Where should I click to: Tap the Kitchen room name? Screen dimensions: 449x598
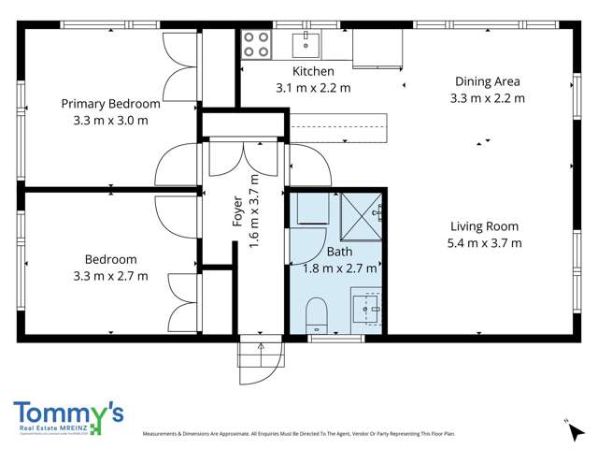[313, 72]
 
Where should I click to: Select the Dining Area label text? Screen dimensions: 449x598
[487, 81]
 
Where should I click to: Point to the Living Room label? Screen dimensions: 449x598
[484, 226]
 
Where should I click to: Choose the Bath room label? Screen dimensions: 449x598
[339, 252]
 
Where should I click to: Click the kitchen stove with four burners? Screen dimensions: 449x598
[257, 43]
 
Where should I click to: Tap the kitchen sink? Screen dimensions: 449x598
[306, 42]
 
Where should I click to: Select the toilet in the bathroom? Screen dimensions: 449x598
[317, 313]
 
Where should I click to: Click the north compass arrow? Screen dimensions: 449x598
[566, 425]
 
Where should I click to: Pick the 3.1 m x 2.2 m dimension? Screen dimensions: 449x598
[313, 88]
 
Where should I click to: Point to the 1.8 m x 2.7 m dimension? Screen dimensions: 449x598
[340, 268]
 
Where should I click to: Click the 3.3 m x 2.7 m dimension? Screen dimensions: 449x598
[110, 276]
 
